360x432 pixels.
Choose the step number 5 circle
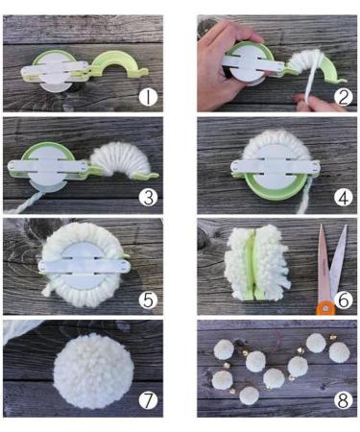tap(146, 299)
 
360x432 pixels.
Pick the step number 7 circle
tap(146, 398)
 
